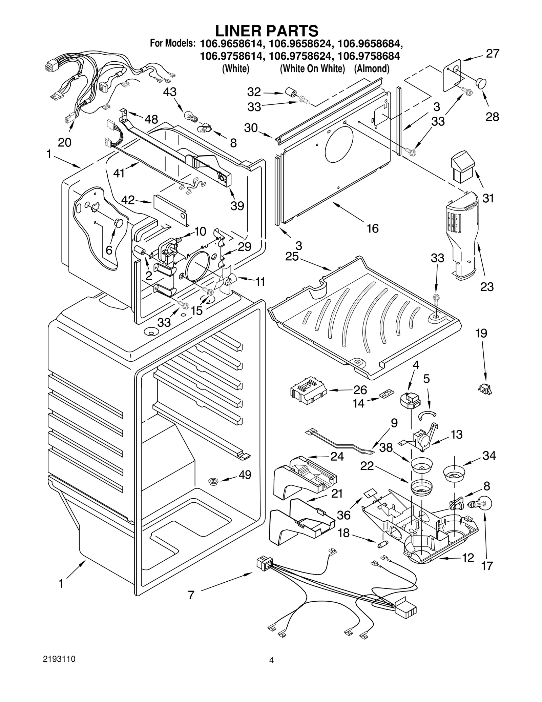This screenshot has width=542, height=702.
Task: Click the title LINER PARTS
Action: [267, 31]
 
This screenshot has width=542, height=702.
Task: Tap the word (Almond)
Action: [372, 69]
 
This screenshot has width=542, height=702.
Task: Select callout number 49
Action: [245, 475]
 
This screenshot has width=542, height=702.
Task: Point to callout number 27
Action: [493, 54]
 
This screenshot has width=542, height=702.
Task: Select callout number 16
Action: [373, 228]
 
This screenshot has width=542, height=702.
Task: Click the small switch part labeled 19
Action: [485, 389]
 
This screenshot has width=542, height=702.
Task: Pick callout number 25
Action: [292, 257]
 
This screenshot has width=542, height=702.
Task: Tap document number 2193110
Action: [59, 659]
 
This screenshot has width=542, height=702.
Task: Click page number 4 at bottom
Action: [271, 660]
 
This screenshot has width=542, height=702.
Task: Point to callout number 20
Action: [64, 142]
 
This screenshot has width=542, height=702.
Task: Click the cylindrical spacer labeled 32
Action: [290, 93]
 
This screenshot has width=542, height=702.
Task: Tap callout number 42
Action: [128, 200]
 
